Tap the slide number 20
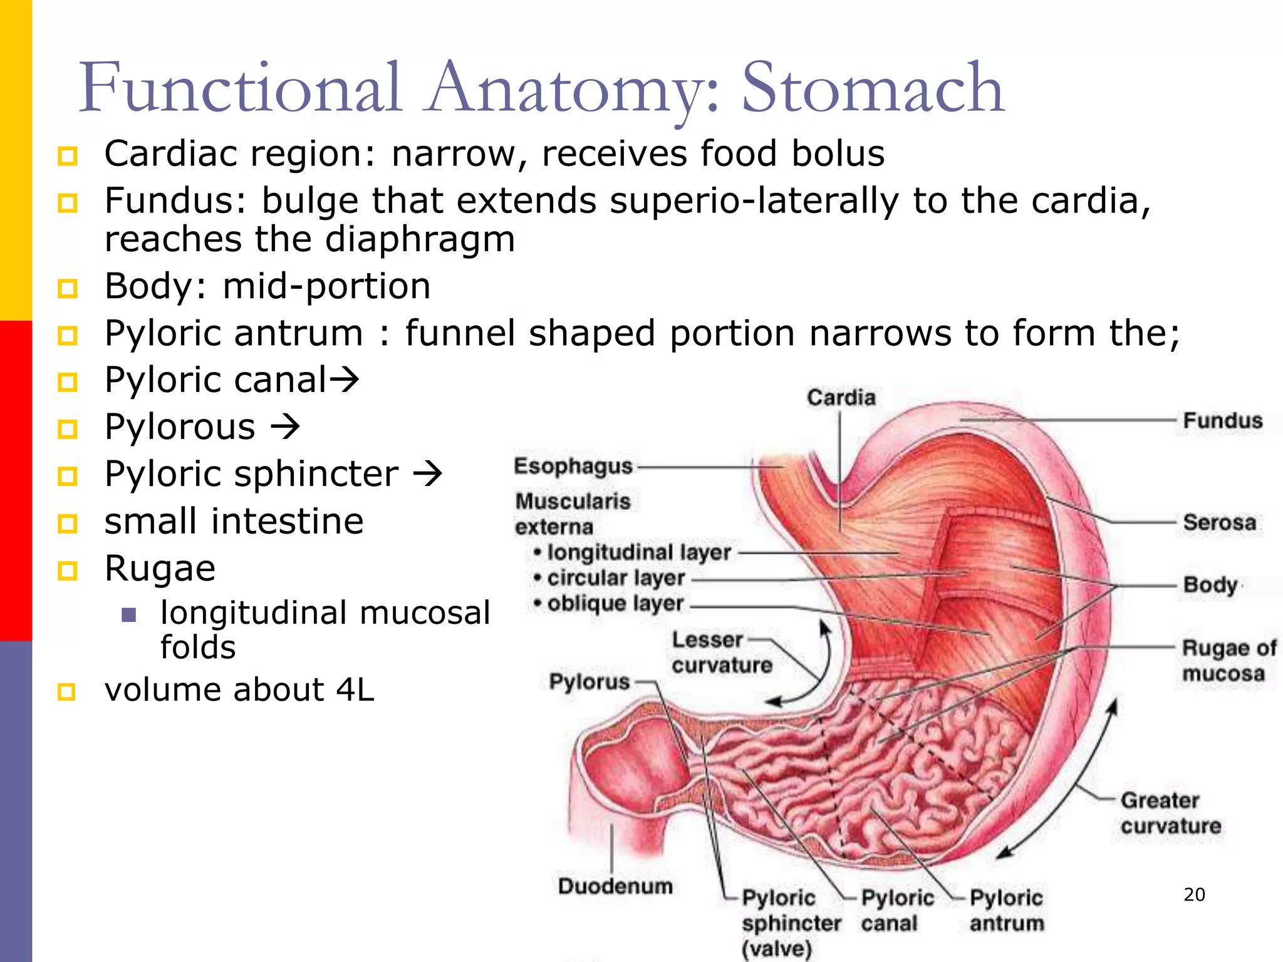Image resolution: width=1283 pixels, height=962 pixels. pos(1194,894)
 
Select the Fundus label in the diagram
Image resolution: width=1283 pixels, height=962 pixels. pos(1222,421)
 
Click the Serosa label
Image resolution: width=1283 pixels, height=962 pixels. pos(1219,522)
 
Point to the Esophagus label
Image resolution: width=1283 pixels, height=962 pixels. pos(573,467)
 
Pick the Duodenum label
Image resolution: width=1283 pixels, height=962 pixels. pos(615,886)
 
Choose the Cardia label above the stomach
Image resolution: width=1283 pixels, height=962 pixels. pos(841,398)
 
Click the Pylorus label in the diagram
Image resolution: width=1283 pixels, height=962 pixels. pos(589,681)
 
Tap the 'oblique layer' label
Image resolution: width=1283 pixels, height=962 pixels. pos(615,604)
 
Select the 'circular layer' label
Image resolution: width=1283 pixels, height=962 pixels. pos(616,578)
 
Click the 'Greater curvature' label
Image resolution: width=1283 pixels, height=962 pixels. pos(1170,813)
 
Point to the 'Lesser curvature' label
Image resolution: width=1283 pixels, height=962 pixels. pos(722,653)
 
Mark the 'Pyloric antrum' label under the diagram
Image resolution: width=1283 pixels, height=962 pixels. pos(1006,911)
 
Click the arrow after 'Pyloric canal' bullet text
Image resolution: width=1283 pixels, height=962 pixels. pos(344,379)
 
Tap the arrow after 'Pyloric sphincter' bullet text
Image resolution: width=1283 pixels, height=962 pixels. pos(427,473)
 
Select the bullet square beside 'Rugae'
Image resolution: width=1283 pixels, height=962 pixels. pos(67,570)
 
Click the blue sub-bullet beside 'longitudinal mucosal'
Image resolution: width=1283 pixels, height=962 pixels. pos(129,614)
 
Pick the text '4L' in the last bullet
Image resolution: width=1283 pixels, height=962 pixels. pos(355,690)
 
